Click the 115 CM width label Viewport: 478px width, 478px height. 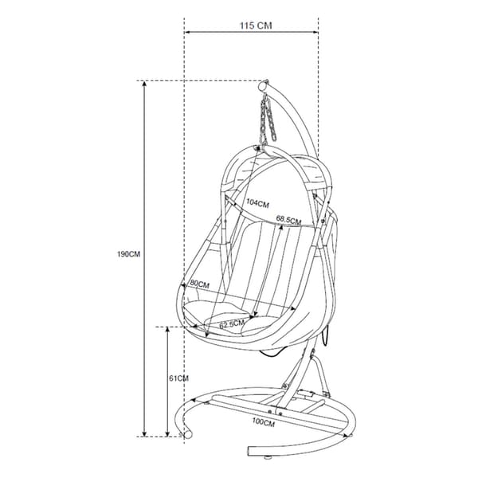click(256, 25)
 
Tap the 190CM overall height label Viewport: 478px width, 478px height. click(128, 254)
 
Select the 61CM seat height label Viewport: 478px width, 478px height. click(178, 378)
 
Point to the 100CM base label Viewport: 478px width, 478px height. click(264, 422)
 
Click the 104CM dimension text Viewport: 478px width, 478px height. click(258, 203)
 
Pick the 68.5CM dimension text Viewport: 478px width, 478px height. click(288, 220)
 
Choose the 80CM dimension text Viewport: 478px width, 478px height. click(200, 284)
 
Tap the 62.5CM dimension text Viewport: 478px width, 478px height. click(232, 323)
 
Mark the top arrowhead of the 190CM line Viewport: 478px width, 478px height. click(144, 84)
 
